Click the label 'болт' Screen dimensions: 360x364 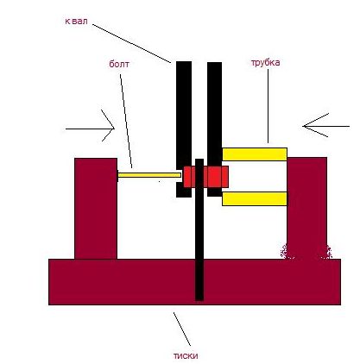(119, 64)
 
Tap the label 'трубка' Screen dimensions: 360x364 (265, 63)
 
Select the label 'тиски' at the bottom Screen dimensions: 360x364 (186, 355)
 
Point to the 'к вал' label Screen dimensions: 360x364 (76, 22)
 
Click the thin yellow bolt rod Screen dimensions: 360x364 (149, 175)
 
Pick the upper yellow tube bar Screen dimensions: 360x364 (255, 154)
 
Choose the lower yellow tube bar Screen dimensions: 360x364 (255, 198)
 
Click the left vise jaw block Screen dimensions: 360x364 (96, 209)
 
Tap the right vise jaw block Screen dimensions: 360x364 (307, 208)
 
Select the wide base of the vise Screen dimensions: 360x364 (194, 282)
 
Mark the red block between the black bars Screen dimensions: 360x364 (206, 177)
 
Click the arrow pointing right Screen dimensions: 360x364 (91, 129)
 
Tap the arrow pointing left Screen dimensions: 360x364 (326, 126)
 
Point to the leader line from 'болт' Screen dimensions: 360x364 (126, 121)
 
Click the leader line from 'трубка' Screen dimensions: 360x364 (268, 106)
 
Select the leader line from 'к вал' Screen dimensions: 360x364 (131, 43)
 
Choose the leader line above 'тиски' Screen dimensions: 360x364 (182, 329)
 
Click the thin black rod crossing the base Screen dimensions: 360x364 (199, 229)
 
